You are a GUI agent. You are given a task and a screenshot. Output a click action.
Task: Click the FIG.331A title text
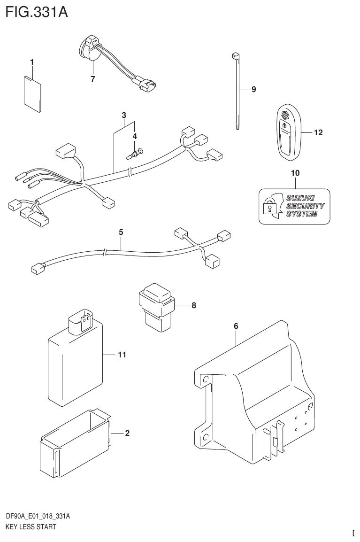click(x=37, y=12)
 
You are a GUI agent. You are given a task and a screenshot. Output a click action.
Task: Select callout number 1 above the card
click(x=32, y=62)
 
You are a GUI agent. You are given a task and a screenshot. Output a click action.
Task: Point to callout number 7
click(x=93, y=79)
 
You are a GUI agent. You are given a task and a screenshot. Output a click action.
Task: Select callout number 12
click(x=318, y=133)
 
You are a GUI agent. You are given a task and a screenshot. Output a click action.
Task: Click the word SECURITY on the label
click(x=305, y=206)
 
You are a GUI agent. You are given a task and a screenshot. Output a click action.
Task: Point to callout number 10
click(x=295, y=173)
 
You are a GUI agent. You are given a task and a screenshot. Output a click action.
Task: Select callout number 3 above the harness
click(x=124, y=115)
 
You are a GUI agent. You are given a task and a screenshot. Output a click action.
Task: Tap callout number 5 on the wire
click(x=121, y=232)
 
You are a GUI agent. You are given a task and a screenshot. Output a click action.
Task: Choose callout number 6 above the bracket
click(x=236, y=326)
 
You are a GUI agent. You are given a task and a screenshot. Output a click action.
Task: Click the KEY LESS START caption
click(x=31, y=527)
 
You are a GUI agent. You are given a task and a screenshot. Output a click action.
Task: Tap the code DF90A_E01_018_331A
click(x=38, y=517)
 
